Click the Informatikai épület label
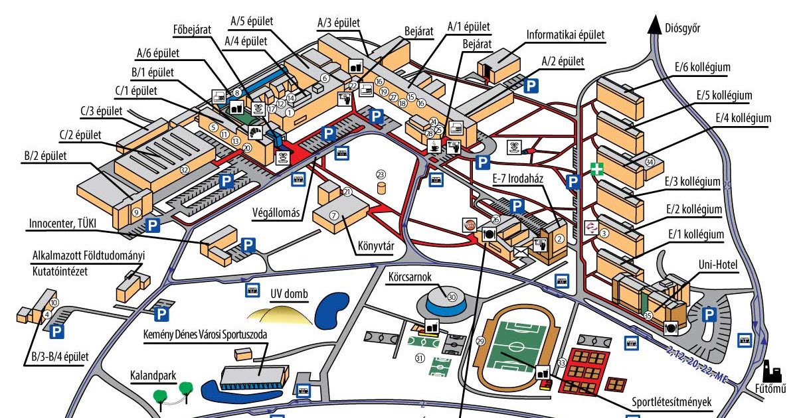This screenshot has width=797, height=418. point(566,35)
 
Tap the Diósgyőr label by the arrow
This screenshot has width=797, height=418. point(682,28)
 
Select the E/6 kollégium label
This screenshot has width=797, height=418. point(702,67)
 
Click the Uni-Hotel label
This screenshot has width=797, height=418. point(714,265)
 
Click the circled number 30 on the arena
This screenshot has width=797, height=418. point(452,297)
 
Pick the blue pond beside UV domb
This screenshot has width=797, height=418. point(331,311)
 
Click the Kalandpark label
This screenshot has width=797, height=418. point(153,376)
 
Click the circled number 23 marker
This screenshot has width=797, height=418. point(381,174)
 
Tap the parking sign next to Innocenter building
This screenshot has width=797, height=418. point(248,245)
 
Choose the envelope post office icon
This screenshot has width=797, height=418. point(519,251)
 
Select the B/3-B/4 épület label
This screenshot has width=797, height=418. point(59,358)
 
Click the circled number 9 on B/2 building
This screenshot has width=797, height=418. point(136,212)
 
